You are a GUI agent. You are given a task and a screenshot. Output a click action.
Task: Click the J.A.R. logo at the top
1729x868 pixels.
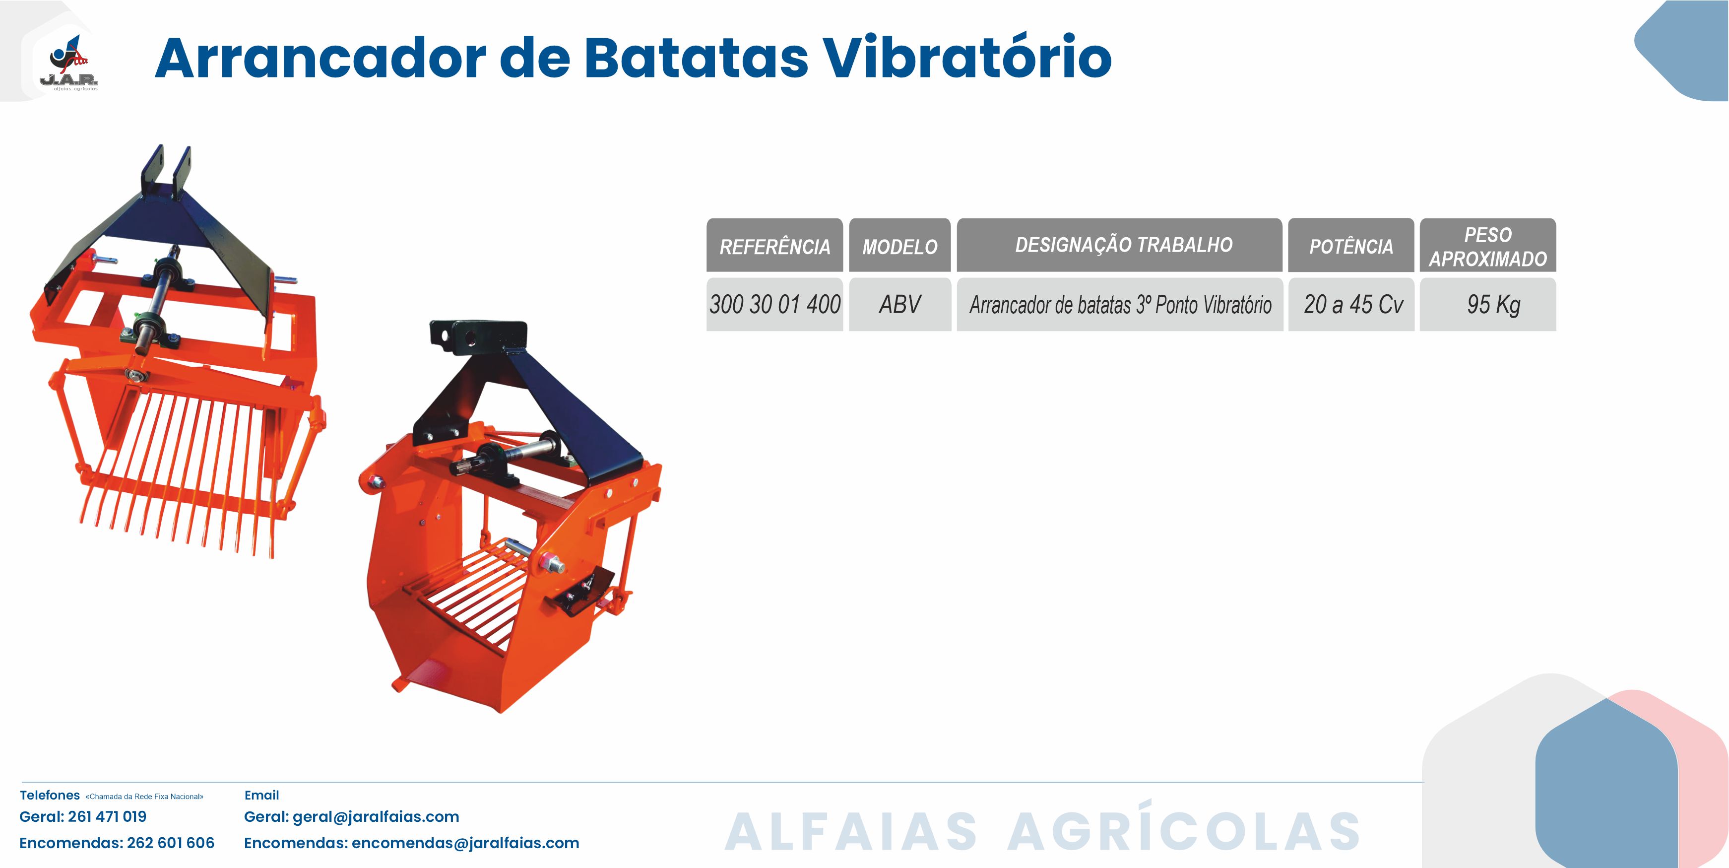pyautogui.click(x=68, y=63)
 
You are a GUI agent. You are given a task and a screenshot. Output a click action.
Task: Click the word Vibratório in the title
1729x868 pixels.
pyautogui.click(x=967, y=57)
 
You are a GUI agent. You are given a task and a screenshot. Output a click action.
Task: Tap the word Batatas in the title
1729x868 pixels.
pyautogui.click(x=697, y=57)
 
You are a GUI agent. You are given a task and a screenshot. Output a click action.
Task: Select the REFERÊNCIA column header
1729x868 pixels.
pyautogui.click(x=774, y=245)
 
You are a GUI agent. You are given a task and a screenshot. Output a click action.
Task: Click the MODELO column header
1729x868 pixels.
pyautogui.click(x=900, y=245)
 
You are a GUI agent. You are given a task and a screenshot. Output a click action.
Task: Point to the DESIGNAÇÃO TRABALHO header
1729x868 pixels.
pyautogui.click(x=1120, y=245)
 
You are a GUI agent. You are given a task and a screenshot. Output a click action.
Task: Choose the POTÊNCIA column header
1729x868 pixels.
pyautogui.click(x=1351, y=245)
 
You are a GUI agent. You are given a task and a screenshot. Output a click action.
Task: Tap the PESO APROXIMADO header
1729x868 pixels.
pyautogui.click(x=1488, y=245)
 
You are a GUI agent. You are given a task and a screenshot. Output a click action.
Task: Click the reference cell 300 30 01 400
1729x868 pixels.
pyautogui.click(x=774, y=304)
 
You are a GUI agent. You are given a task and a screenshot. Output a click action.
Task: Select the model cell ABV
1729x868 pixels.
pyautogui.click(x=900, y=304)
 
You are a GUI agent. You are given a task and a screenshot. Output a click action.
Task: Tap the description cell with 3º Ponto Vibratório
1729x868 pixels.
pyautogui.click(x=1120, y=304)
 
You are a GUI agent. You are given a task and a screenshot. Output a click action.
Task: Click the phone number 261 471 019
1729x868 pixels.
pyautogui.click(x=107, y=817)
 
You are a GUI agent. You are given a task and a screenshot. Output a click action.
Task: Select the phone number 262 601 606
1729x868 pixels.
pyautogui.click(x=171, y=843)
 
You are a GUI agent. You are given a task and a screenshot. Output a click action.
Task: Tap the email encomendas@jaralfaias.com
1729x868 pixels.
pyautogui.click(x=465, y=843)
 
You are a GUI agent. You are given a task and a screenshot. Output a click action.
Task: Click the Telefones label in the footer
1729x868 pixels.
pyautogui.click(x=50, y=796)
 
